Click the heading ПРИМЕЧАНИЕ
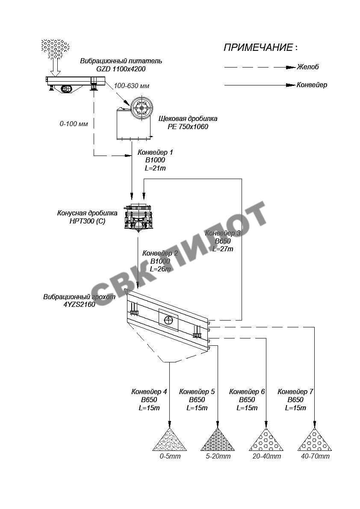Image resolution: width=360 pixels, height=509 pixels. tap(258, 47)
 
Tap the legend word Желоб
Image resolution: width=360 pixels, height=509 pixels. tap(308, 67)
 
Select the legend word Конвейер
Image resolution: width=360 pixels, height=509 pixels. tap(312, 85)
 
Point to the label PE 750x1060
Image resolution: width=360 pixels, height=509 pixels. tap(188, 127)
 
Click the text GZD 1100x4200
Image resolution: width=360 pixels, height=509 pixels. tap(121, 69)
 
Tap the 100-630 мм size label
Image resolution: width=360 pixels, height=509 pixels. tap(131, 86)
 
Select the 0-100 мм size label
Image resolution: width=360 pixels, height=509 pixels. tap(74, 124)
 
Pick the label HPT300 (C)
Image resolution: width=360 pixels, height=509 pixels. tap(87, 221)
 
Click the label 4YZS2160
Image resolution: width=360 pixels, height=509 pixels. tap(80, 304)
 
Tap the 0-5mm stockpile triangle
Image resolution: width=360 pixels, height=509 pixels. tap(169, 439)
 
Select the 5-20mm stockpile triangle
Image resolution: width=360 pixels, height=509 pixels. tap(218, 439)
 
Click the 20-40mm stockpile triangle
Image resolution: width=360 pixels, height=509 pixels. tap(266, 439)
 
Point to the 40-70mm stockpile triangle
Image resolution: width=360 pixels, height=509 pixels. tap(315, 439)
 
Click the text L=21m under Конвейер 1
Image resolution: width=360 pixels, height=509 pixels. tap(155, 168)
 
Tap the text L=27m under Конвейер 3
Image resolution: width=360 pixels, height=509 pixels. tap(223, 249)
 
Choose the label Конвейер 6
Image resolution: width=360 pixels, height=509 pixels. tap(247, 392)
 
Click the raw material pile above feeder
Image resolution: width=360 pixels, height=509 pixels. tap(55, 49)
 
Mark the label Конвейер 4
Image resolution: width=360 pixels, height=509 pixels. tap(149, 392)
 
